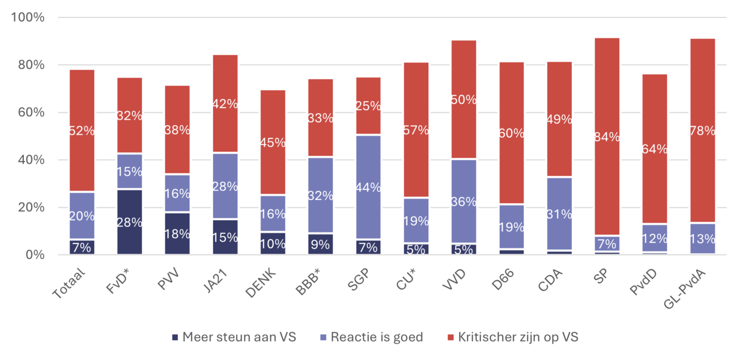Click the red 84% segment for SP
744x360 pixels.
coord(607,136)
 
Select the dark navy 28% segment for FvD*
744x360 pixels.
coord(129,222)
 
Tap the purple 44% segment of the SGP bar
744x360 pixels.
coord(368,187)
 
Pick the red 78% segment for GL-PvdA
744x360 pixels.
coord(703,130)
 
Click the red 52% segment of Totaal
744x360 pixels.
coord(81,130)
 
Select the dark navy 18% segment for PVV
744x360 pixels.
coord(177,233)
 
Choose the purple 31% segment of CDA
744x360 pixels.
coord(560,213)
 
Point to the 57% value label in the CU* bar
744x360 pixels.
coord(416,130)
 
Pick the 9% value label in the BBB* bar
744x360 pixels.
coord(320,245)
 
